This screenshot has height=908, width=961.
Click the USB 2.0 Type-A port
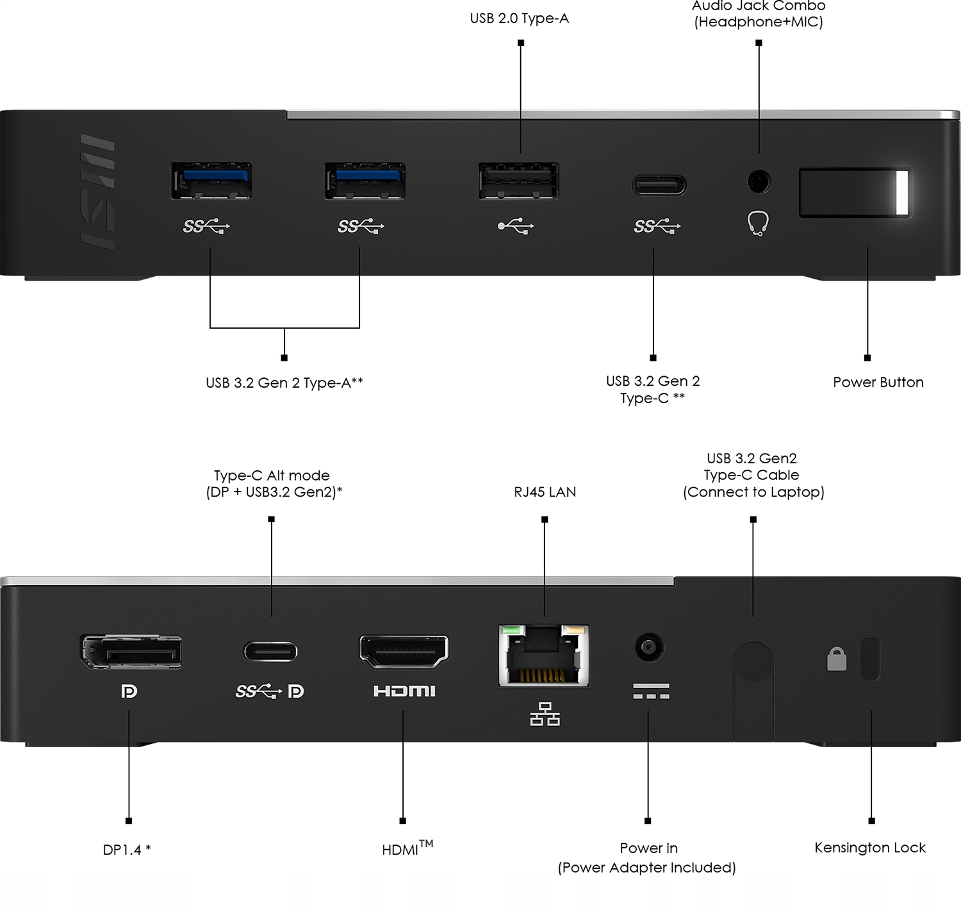click(518, 181)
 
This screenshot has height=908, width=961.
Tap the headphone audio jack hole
click(759, 181)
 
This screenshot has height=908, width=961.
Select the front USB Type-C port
click(659, 185)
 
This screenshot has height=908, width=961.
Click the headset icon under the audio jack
click(758, 224)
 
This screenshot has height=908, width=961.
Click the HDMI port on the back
click(404, 652)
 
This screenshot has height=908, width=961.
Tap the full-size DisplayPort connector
click(131, 652)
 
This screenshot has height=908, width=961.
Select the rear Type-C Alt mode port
click(270, 652)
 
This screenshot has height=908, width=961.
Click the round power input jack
click(649, 647)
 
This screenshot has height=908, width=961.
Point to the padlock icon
click(837, 659)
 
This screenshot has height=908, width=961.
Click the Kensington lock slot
click(870, 658)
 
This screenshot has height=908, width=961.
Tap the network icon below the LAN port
click(545, 714)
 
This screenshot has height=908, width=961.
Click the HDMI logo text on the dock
click(404, 691)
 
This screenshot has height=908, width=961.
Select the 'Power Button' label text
click(878, 383)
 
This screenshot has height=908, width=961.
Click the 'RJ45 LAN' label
click(545, 492)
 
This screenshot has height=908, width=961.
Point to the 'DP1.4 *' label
click(127, 850)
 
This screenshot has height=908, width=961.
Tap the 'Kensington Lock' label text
click(869, 848)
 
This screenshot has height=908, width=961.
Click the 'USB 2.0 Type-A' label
click(519, 19)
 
